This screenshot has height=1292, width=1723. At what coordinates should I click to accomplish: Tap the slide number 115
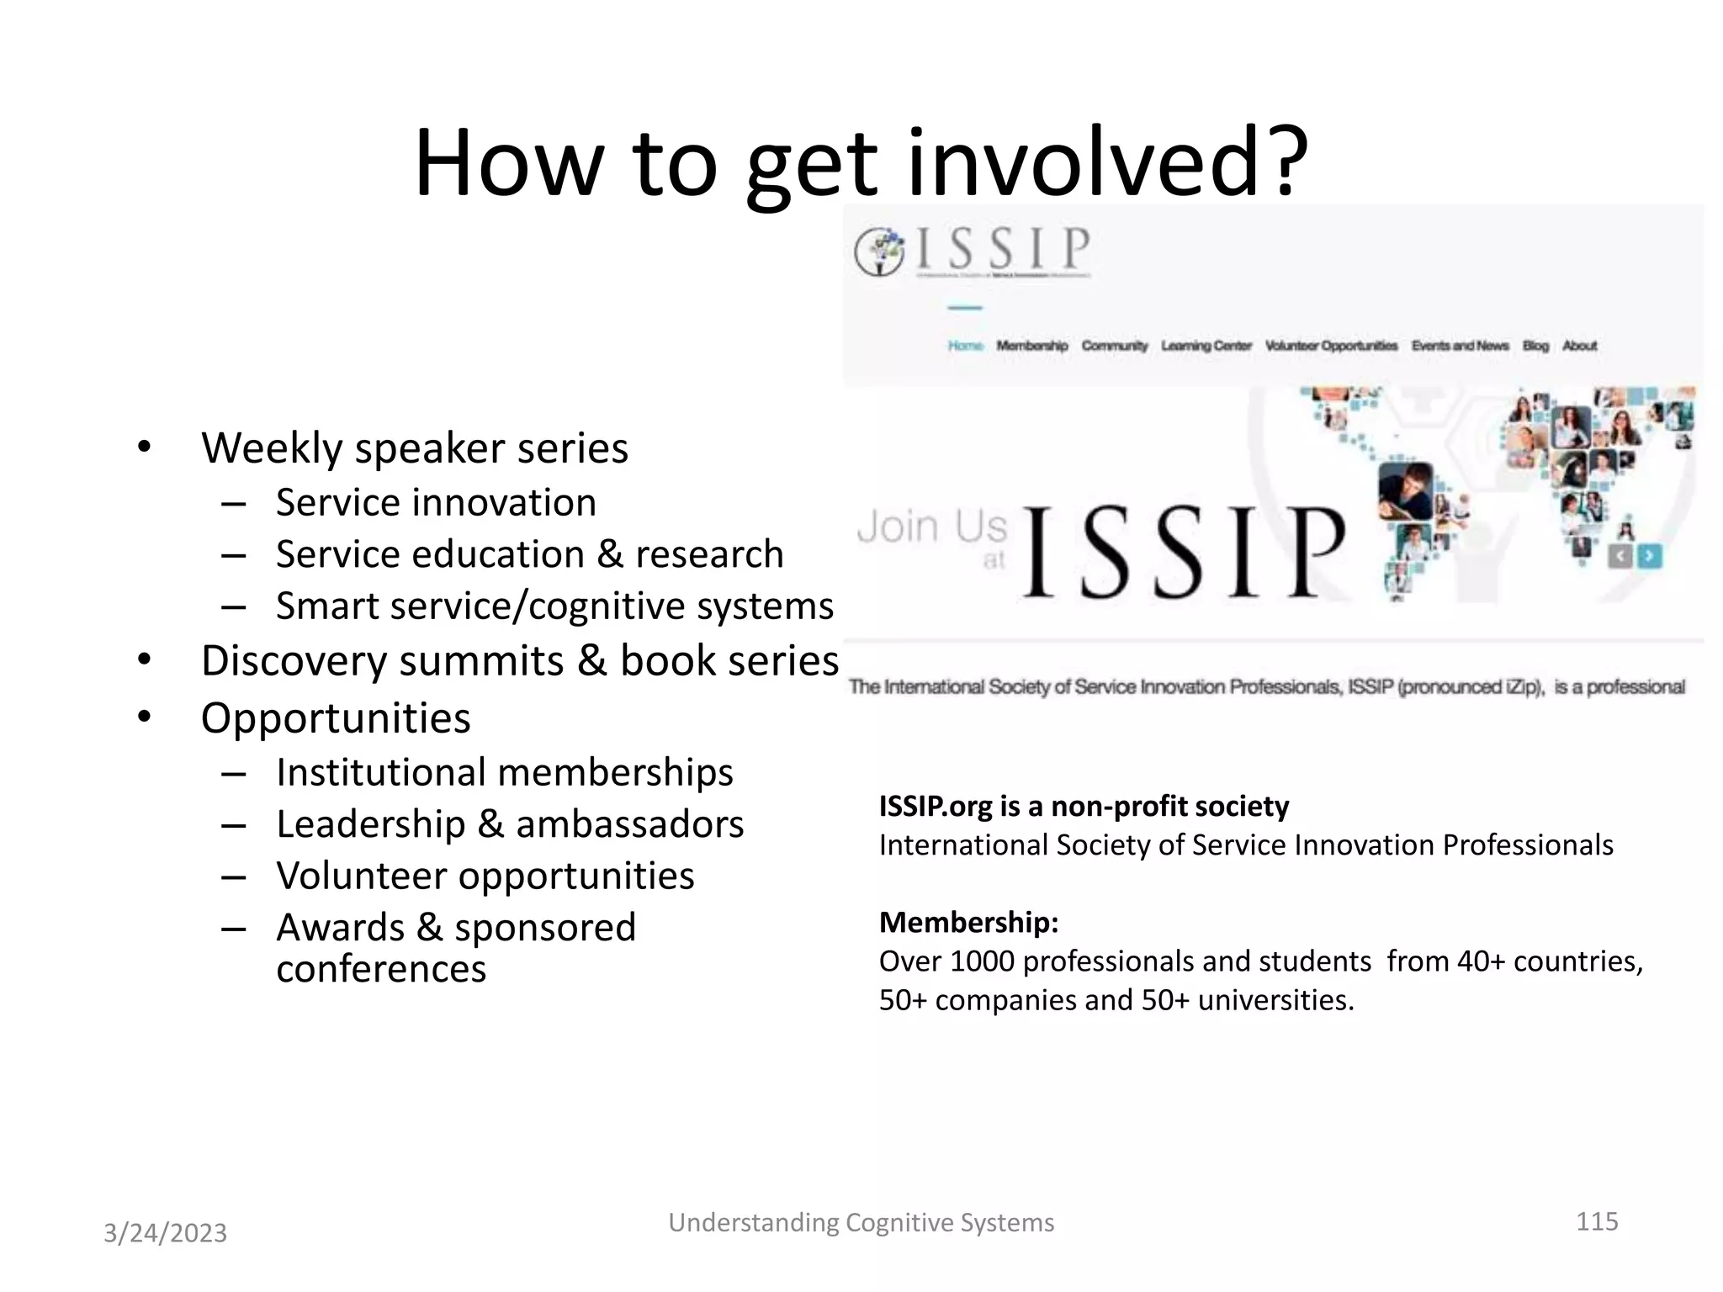click(x=1596, y=1221)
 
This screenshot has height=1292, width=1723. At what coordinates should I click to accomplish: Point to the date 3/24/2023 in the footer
click(x=165, y=1232)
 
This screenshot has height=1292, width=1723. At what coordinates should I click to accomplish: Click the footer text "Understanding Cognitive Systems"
click(x=861, y=1222)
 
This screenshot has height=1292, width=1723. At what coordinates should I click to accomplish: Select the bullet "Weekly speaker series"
click(x=415, y=447)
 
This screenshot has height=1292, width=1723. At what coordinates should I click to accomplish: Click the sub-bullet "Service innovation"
click(x=436, y=502)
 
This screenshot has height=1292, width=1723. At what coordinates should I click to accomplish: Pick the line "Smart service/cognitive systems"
click(x=554, y=606)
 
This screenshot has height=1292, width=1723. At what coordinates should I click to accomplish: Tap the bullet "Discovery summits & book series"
click(x=519, y=660)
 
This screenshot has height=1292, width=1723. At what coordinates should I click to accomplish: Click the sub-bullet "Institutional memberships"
click(x=504, y=772)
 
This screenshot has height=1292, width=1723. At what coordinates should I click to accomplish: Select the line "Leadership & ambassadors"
click(x=510, y=823)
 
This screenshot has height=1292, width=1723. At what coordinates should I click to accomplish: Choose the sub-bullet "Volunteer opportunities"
click(x=485, y=876)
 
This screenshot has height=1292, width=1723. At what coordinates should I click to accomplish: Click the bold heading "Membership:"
click(x=968, y=922)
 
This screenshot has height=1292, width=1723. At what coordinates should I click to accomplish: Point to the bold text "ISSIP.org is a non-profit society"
click(x=1084, y=806)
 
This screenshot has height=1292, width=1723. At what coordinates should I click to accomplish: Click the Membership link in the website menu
click(x=1031, y=346)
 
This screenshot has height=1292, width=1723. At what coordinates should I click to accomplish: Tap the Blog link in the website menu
click(x=1535, y=346)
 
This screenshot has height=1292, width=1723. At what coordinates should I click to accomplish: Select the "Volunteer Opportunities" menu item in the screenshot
click(x=1331, y=346)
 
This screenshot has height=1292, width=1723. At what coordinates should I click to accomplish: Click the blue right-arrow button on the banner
click(x=1649, y=556)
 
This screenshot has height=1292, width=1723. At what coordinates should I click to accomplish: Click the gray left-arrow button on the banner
click(x=1620, y=556)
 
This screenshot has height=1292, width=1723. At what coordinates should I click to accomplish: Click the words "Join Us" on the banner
click(x=931, y=527)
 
